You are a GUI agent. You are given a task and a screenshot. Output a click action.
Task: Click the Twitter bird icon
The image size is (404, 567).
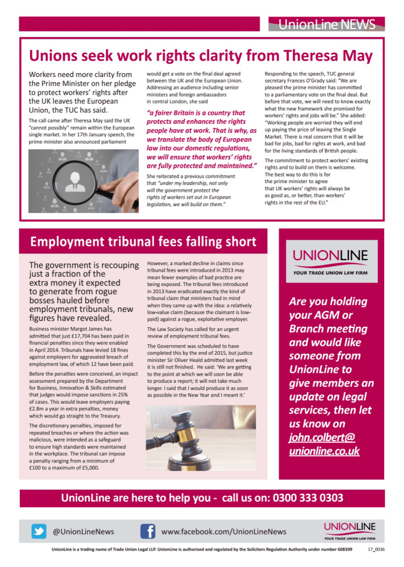[38, 531]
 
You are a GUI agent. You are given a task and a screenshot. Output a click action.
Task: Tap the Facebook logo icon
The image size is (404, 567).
[148, 531]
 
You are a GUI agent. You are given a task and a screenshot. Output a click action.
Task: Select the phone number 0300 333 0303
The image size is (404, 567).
[307, 498]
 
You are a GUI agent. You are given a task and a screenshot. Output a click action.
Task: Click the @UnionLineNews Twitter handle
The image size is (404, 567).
[83, 532]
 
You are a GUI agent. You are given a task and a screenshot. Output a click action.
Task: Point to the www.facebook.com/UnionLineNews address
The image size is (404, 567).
[223, 532]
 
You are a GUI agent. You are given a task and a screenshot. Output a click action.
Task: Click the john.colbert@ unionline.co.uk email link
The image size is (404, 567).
[324, 444]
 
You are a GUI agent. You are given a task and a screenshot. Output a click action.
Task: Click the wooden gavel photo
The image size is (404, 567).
[201, 438]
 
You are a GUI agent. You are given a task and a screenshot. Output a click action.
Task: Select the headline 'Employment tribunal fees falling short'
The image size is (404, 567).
[143, 242]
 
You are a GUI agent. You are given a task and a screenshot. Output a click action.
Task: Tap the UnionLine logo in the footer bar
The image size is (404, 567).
[349, 531]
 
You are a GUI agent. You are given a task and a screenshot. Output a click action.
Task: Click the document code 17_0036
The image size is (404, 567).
[376, 549]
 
